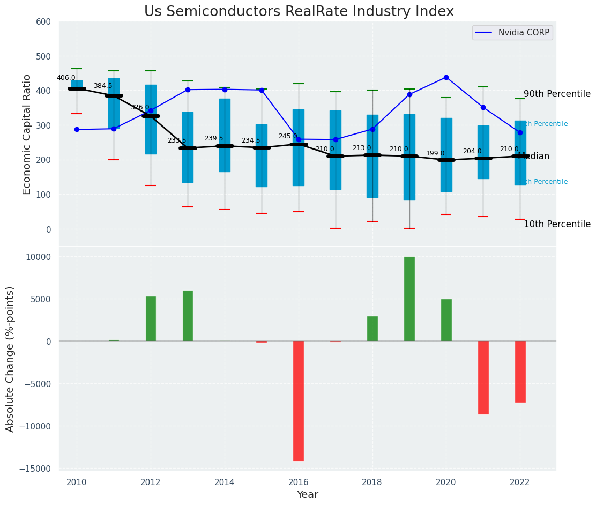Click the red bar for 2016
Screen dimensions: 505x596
[299, 401]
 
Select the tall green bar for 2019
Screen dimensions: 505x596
[409, 299]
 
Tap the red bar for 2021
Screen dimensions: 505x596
[483, 377]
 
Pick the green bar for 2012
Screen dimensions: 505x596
[151, 319]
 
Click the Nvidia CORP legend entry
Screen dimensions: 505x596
[512, 33]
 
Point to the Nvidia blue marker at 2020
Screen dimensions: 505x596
[446, 77]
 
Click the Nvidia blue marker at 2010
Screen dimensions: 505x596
[77, 129]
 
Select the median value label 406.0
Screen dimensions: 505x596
[66, 78]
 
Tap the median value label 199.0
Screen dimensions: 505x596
[435, 153]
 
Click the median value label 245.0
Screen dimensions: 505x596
[288, 136]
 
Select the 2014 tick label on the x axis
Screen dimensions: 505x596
[225, 482]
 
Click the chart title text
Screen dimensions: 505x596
[299, 12]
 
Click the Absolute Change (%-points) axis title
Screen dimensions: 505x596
[10, 359]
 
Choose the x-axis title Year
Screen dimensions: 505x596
[308, 495]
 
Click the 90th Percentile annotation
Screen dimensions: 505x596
[557, 94]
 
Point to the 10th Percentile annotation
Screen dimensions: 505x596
[557, 224]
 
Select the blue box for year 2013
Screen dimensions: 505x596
[188, 147]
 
